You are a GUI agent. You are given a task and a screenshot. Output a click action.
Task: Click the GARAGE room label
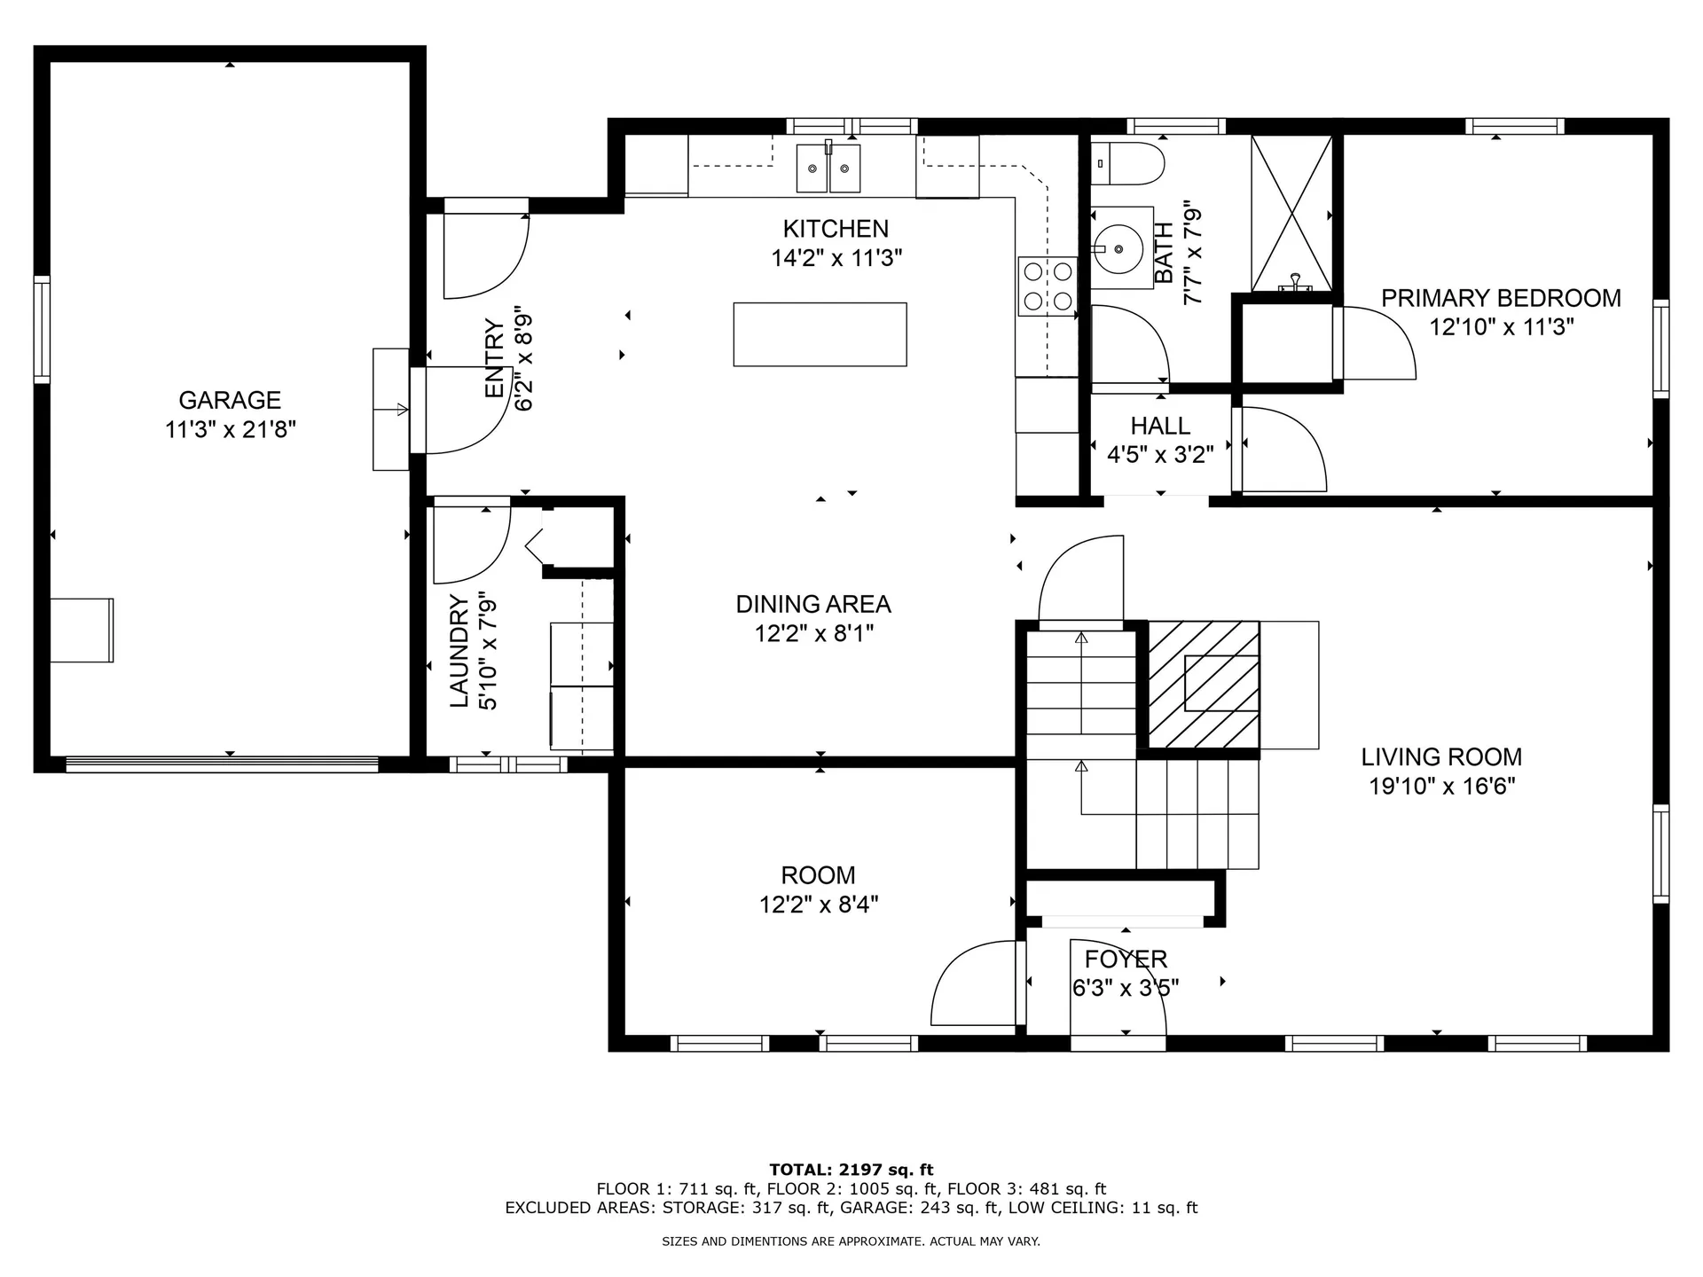click(230, 400)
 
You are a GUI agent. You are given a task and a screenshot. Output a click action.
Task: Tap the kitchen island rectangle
click(820, 334)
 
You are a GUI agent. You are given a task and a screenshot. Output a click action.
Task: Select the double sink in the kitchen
click(828, 168)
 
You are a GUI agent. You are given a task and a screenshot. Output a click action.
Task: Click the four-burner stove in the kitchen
click(1047, 286)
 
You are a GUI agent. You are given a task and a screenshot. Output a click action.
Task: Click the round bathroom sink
click(1117, 249)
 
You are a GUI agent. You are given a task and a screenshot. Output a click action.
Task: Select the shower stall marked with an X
click(1291, 213)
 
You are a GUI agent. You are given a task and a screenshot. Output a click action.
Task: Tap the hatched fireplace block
click(1204, 684)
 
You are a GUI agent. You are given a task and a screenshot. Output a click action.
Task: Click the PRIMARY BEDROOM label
click(1501, 298)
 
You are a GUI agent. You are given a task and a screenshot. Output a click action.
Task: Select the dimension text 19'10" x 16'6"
click(1441, 787)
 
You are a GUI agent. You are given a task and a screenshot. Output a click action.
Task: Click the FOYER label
click(1126, 959)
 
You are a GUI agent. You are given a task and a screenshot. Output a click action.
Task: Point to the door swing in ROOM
click(971, 984)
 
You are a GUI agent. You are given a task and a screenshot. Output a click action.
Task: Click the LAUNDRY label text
click(459, 651)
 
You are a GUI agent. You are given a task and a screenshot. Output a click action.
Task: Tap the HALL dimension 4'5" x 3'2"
click(1160, 455)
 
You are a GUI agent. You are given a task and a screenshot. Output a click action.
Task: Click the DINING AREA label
click(813, 604)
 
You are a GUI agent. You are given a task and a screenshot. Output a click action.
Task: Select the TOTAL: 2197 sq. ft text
click(851, 1170)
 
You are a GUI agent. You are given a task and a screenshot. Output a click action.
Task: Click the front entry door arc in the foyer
click(1118, 984)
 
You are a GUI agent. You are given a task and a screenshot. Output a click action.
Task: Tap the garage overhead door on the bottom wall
click(222, 764)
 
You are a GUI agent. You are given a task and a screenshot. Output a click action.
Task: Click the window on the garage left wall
click(42, 329)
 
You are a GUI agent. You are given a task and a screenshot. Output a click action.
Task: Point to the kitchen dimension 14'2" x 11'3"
click(836, 258)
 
